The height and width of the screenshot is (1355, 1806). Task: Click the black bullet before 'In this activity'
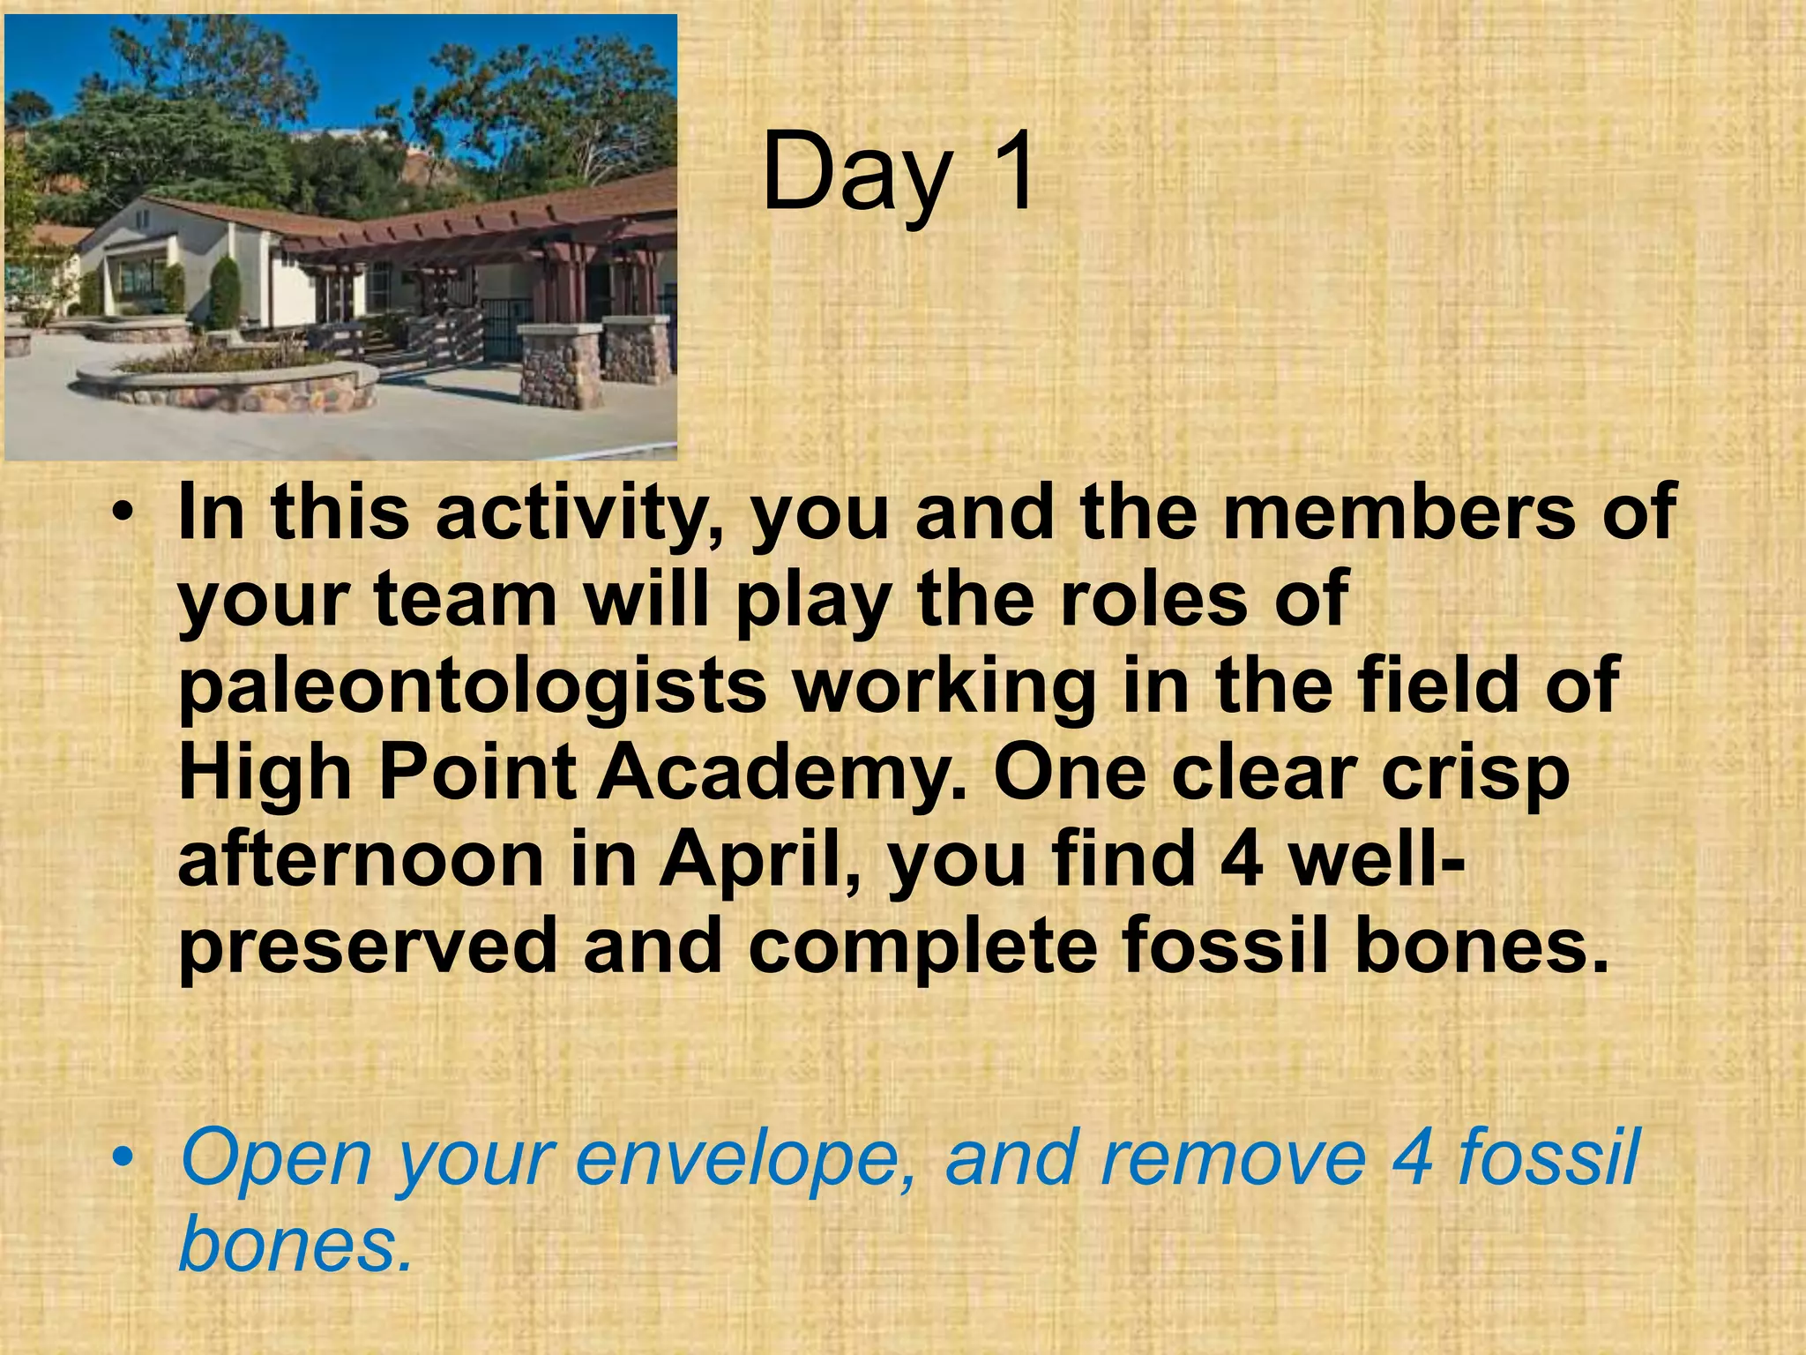[127, 514]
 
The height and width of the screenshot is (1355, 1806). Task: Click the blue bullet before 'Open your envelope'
[127, 1157]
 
